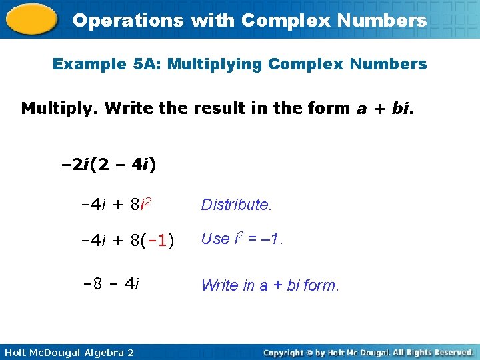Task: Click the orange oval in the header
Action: [31, 19]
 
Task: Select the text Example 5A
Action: [106, 65]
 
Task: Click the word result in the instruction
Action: [215, 108]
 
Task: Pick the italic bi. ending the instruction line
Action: [401, 108]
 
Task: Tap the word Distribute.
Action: [237, 205]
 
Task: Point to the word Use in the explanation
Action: [215, 238]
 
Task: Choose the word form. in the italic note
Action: [321, 285]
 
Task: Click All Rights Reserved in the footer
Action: [433, 351]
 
